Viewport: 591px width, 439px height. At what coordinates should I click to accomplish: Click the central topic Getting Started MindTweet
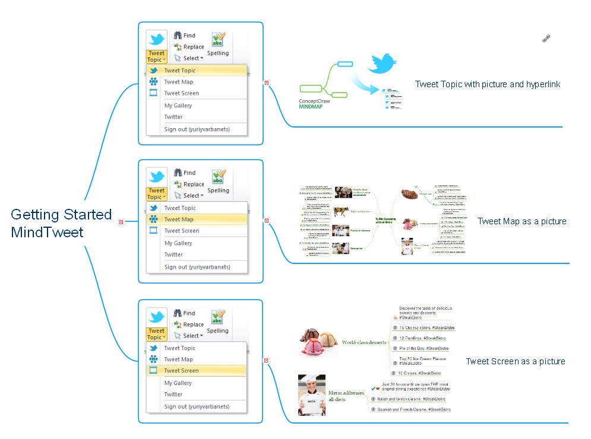coord(61,222)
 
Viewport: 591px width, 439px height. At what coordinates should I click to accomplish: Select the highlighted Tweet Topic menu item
coord(179,71)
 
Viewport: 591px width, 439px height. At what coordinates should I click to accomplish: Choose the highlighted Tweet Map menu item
coord(178,220)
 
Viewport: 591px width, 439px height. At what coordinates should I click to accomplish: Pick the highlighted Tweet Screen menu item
coord(181,371)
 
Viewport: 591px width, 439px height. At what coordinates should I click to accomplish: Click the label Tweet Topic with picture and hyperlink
coord(487,84)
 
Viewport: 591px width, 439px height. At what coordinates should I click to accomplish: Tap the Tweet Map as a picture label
coord(522,221)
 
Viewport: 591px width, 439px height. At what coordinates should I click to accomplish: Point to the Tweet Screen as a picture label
coord(515,361)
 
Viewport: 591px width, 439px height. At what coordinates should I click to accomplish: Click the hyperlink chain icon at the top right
coord(546,39)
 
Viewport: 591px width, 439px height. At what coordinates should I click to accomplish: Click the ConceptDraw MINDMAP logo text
coord(314,104)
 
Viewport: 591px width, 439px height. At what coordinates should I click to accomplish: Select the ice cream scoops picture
coord(319,342)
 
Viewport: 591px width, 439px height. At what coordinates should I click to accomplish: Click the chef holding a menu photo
coord(311,395)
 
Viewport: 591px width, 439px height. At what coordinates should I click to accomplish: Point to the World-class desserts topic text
coord(364,342)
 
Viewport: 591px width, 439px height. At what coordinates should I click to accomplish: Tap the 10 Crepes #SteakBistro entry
coord(420,373)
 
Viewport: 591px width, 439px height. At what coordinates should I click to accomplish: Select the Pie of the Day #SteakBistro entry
coord(424,348)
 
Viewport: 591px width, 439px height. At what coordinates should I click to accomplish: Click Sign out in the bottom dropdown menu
coord(197,406)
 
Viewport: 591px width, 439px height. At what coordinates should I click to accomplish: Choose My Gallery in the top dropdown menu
coord(178,106)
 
